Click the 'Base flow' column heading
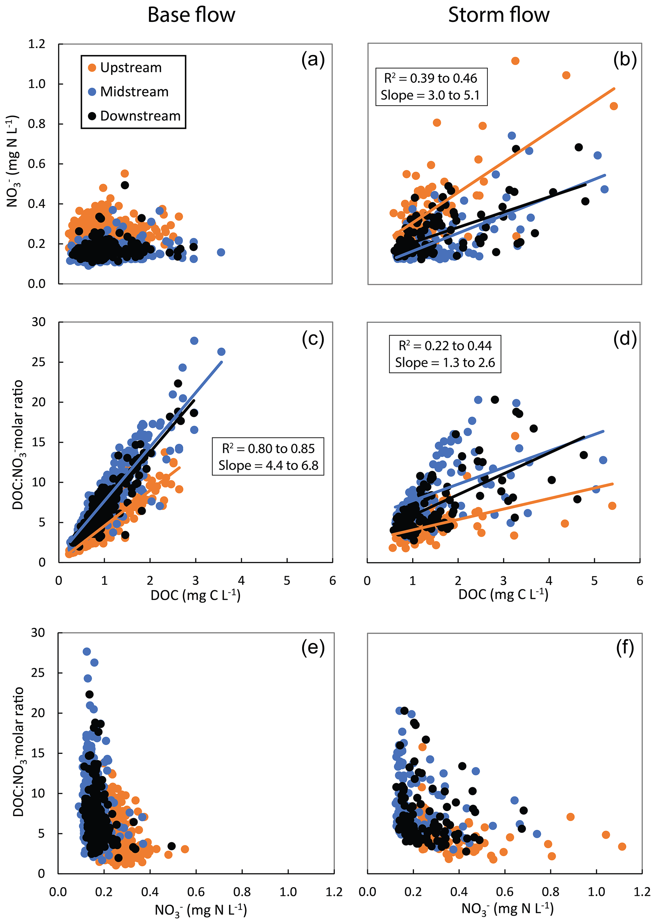pos(191,15)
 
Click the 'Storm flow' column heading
pos(499,15)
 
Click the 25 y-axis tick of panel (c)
pos(38,362)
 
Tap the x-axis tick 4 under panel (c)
pos(241,580)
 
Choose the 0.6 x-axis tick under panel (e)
pos(196,892)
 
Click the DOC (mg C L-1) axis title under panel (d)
pos(503,595)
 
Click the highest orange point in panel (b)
pos(515,61)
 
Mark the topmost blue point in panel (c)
pos(194,341)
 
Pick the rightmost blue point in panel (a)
pos(221,252)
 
